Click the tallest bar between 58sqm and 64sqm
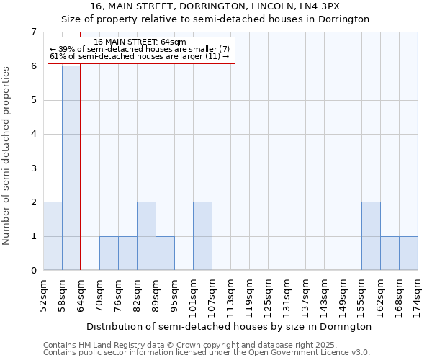(71, 168)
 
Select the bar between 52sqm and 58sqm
(53, 236)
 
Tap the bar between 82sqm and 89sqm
(146, 236)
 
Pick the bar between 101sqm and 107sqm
(202, 236)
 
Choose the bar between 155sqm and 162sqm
(371, 236)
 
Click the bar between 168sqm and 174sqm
(408, 253)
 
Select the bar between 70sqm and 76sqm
(109, 253)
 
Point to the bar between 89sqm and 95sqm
(165, 253)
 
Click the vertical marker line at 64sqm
(81, 158)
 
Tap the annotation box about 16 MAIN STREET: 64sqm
(141, 49)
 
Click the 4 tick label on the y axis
(33, 135)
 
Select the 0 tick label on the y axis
(33, 271)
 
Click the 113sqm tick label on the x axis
(230, 293)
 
